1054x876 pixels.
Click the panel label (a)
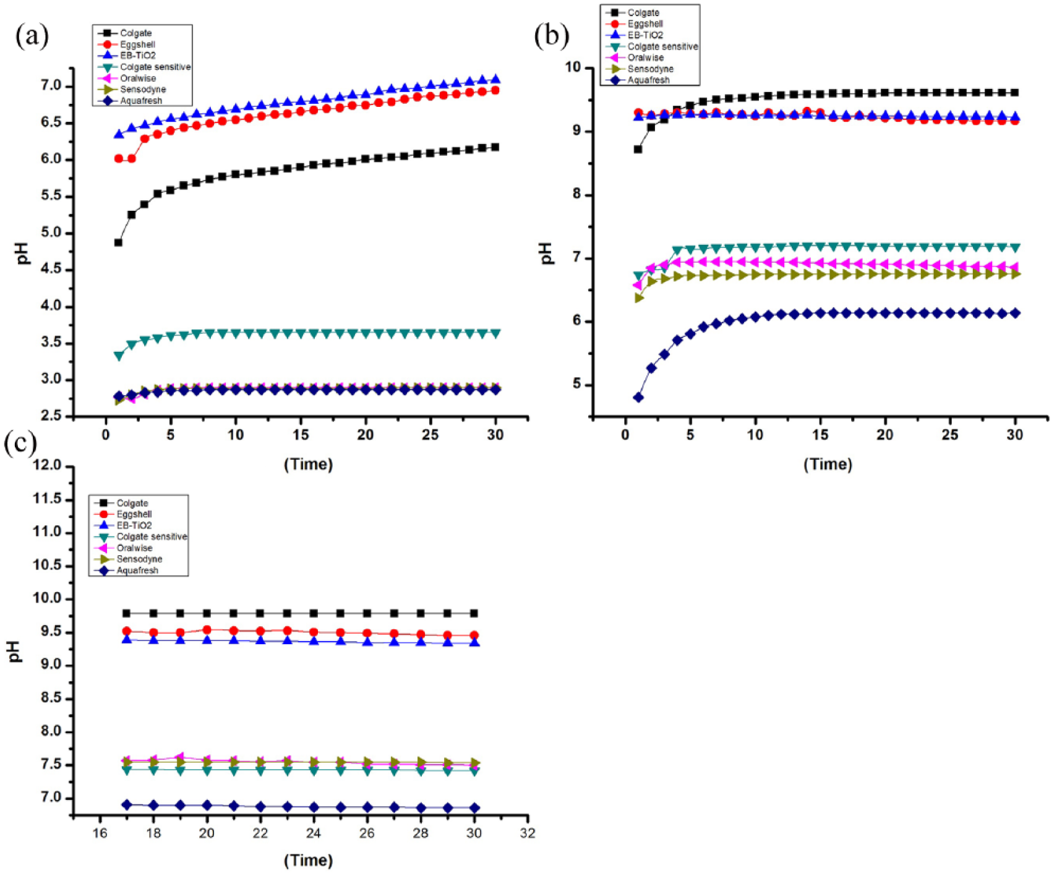[32, 36]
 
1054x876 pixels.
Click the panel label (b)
[552, 36]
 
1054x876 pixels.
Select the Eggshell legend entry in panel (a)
[126, 45]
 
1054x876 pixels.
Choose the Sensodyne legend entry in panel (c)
[126, 559]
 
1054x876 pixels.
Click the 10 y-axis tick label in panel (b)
[575, 67]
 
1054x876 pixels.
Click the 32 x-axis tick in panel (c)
[527, 833]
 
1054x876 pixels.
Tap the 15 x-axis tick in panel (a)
[300, 435]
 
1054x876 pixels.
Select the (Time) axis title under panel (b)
[828, 464]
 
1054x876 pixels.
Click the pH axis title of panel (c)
[17, 651]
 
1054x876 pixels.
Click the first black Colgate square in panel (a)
[118, 242]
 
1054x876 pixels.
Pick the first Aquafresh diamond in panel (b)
[638, 398]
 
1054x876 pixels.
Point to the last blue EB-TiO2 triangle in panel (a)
[495, 79]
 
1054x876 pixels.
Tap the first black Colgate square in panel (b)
[638, 149]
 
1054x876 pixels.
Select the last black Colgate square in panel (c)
[474, 613]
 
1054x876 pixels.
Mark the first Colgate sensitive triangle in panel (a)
[118, 356]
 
